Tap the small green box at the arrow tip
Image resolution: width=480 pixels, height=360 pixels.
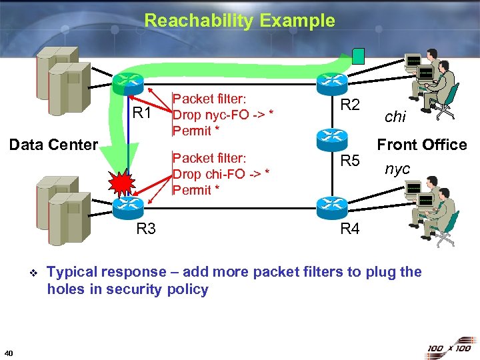click(359, 55)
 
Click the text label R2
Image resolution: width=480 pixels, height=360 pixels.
click(350, 105)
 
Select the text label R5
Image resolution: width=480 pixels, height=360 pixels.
click(350, 161)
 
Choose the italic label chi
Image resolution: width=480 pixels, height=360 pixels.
click(395, 116)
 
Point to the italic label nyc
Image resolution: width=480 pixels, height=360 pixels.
click(397, 169)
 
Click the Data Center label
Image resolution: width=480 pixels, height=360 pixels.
click(53, 145)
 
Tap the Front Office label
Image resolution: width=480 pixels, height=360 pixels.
click(422, 145)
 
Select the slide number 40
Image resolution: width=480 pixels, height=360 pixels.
click(8, 353)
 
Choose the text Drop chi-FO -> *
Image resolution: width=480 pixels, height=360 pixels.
click(221, 174)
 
